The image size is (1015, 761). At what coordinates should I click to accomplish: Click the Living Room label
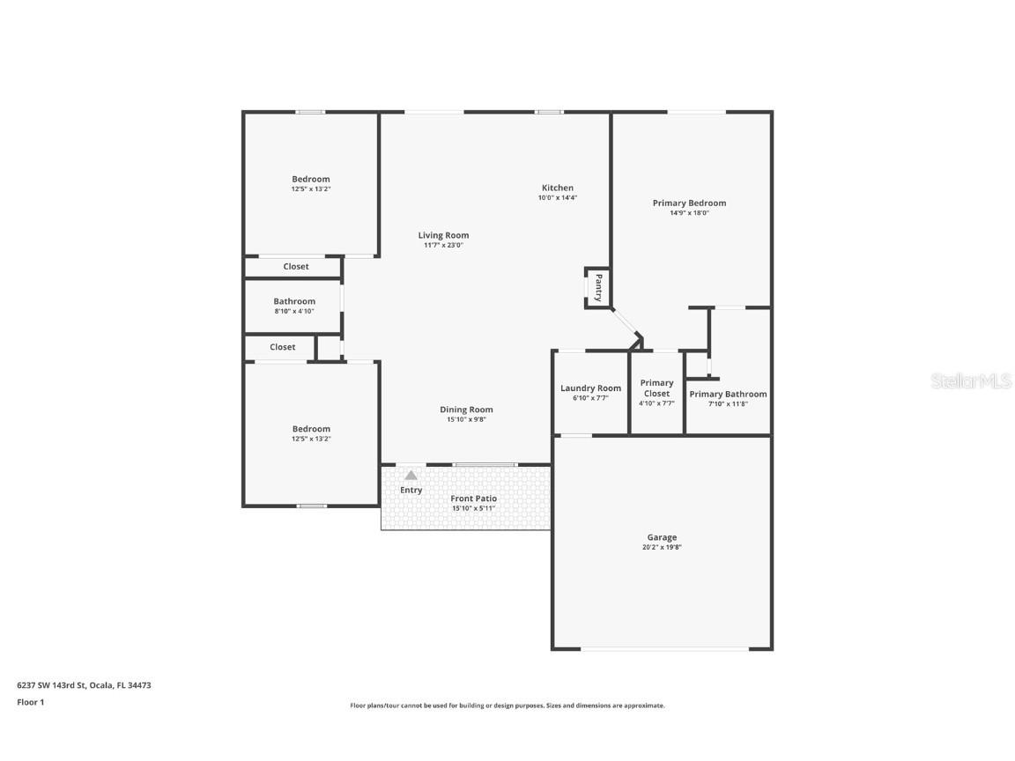click(x=443, y=235)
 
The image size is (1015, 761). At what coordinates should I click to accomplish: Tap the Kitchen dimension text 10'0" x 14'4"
click(x=557, y=198)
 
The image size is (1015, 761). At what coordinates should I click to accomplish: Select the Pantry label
click(x=598, y=288)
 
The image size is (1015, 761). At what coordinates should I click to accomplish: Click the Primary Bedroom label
click(x=689, y=203)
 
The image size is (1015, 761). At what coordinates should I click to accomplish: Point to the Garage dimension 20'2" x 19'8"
click(x=662, y=547)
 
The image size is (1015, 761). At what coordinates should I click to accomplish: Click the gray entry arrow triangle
click(x=411, y=476)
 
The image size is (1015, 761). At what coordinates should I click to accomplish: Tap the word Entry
click(x=411, y=490)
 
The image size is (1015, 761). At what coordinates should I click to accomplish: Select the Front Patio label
click(x=473, y=499)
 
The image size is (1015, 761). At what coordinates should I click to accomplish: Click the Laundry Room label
click(x=590, y=388)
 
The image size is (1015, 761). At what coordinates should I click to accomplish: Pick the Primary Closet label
click(x=656, y=388)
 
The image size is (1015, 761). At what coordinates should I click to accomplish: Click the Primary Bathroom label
click(x=728, y=394)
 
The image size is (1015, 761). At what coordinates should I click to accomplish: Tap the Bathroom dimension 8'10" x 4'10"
click(x=293, y=311)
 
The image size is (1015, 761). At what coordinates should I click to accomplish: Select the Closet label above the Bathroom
click(x=296, y=267)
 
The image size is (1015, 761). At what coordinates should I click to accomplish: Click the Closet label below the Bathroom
click(x=282, y=347)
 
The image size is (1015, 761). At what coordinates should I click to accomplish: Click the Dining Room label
click(x=466, y=410)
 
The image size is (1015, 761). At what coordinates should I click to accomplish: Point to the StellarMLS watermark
click(x=972, y=380)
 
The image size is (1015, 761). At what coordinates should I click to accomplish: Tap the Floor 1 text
click(x=30, y=702)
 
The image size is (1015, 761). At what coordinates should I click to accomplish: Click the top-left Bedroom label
click(x=311, y=179)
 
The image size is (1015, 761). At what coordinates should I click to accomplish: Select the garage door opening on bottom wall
click(x=664, y=649)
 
